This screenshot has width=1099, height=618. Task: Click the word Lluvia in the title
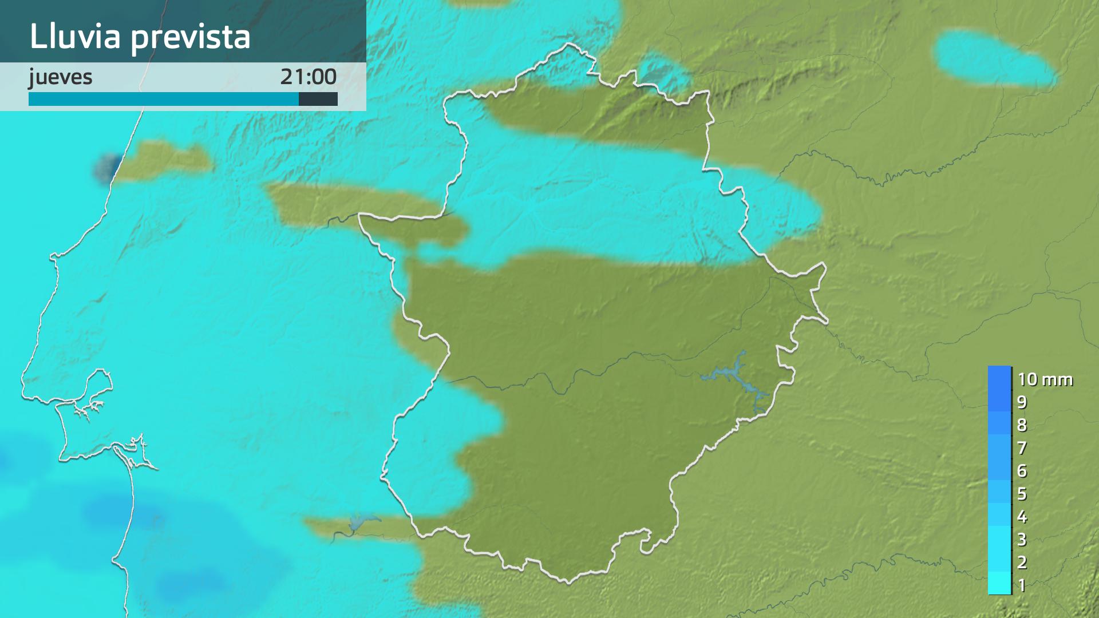[x=75, y=37]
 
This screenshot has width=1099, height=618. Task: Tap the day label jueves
[x=61, y=77]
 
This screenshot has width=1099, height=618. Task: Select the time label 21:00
[x=308, y=77]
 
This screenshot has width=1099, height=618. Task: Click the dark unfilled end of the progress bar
[x=318, y=100]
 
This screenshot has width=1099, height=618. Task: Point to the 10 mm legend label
[x=1045, y=379]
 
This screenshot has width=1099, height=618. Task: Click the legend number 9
[x=1022, y=402]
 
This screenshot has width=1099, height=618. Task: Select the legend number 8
[x=1022, y=425]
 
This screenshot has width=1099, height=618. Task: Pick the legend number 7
[x=1022, y=448]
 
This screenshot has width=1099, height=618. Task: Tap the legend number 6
[x=1022, y=471]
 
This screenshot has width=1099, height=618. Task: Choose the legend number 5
[x=1022, y=494]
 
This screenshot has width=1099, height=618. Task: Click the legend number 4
[x=1022, y=517]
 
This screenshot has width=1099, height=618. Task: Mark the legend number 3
[x=1022, y=540]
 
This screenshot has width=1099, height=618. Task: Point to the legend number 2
[x=1022, y=562]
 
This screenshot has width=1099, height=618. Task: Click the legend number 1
[x=1022, y=585]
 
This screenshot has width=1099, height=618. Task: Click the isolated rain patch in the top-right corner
[x=994, y=58]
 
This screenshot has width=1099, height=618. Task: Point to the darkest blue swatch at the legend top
[x=999, y=378]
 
